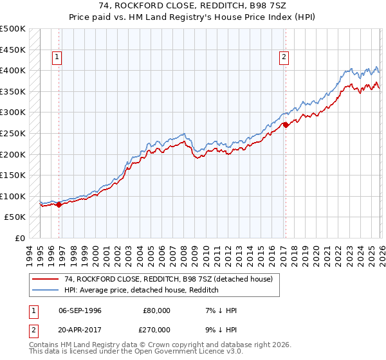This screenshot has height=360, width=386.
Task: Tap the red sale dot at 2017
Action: tap(286, 125)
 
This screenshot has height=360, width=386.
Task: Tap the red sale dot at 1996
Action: tap(59, 205)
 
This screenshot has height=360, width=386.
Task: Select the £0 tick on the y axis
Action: tap(20, 238)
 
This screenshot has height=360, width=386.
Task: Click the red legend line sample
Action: tap(46, 279)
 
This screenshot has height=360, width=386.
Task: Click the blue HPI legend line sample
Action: tap(46, 290)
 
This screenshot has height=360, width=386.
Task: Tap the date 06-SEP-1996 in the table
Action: tap(80, 310)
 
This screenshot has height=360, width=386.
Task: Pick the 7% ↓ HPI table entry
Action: tap(220, 310)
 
